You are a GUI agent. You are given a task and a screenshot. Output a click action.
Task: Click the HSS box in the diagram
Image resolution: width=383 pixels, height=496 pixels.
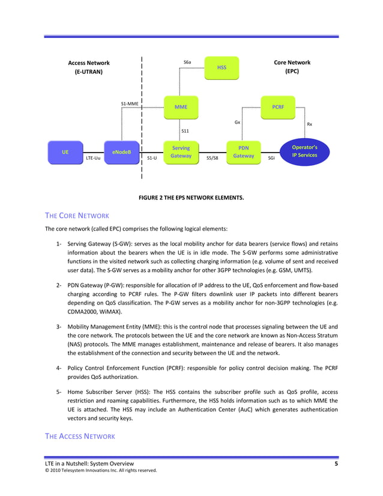pyautogui.click(x=222, y=68)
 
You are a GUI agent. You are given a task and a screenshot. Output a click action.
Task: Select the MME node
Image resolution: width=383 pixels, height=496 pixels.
pyautogui.click(x=181, y=107)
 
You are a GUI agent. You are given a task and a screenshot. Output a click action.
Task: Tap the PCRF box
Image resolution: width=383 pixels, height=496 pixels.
pyautogui.click(x=278, y=107)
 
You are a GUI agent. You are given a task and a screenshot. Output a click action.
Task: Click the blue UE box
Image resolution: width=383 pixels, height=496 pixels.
pyautogui.click(x=65, y=152)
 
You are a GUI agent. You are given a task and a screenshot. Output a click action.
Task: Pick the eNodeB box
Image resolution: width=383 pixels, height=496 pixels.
pyautogui.click(x=122, y=152)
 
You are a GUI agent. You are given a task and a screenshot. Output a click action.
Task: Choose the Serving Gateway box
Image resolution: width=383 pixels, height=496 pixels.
pyautogui.click(x=181, y=152)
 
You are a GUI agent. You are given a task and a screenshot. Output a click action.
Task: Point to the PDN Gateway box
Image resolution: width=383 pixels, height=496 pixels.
pyautogui.click(x=244, y=152)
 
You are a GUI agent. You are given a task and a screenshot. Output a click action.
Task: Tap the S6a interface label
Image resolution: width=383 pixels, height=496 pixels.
pyautogui.click(x=187, y=62)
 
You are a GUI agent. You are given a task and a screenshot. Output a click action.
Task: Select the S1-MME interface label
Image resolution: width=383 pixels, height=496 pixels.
pyautogui.click(x=130, y=103)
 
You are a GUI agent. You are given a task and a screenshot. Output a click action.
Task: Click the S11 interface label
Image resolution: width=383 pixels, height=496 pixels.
pyautogui.click(x=185, y=130)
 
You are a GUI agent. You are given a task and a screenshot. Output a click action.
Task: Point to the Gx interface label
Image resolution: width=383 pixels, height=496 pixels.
pyautogui.click(x=237, y=122)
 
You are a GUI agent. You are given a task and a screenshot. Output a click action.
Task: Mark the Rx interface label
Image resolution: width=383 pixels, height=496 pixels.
pyautogui.click(x=309, y=124)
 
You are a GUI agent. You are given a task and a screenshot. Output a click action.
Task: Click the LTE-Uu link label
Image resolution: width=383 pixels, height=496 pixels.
pyautogui.click(x=93, y=159)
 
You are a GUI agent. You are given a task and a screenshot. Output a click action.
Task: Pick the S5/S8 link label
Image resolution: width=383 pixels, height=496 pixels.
pyautogui.click(x=212, y=159)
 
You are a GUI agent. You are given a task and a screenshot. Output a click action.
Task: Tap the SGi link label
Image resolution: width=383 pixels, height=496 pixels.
pyautogui.click(x=271, y=159)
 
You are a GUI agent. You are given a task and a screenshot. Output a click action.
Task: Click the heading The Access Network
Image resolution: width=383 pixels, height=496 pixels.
pyautogui.click(x=80, y=436)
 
